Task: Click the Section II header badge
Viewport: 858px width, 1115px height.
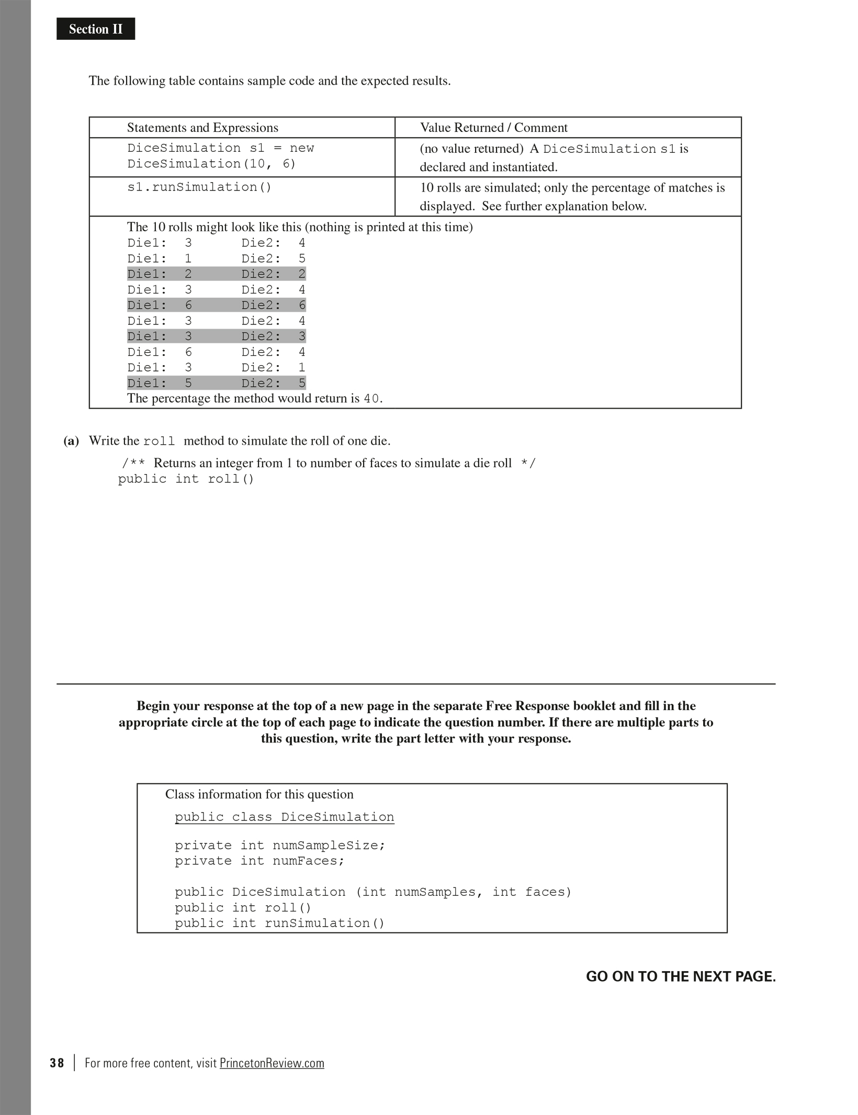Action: click(96, 29)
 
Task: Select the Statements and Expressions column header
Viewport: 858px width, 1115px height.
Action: click(202, 128)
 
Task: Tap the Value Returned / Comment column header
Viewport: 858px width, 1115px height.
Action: click(493, 128)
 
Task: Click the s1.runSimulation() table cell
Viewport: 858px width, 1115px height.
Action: click(199, 187)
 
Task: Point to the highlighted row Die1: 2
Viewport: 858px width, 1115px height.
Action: click(216, 274)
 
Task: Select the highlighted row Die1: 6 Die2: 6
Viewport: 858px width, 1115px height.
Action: click(216, 305)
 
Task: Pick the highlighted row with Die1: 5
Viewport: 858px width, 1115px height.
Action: click(216, 383)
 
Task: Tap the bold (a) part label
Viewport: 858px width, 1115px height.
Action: click(71, 441)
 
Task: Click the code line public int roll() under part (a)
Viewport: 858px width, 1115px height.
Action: click(186, 479)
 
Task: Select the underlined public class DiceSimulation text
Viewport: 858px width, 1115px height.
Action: click(284, 817)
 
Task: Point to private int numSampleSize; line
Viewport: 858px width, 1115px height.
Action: click(280, 846)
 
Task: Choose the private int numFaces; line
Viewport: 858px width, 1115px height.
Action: click(259, 861)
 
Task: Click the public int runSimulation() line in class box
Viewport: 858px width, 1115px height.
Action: click(279, 923)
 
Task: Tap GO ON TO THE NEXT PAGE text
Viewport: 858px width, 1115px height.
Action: click(681, 977)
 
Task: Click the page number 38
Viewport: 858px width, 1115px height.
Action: click(57, 1063)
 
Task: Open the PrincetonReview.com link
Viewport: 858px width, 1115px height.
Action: click(272, 1063)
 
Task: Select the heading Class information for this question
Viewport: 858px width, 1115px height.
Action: click(259, 794)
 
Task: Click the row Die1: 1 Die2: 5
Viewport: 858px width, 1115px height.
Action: click(216, 258)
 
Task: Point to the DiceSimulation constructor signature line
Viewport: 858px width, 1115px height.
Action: click(373, 892)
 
